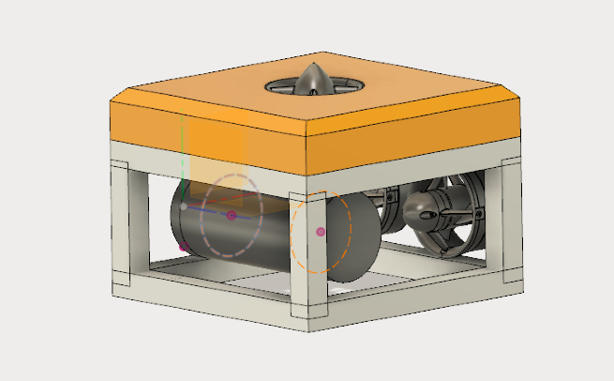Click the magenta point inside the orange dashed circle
pos(321,231)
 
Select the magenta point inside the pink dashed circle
pos(232,215)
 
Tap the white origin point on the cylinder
pos(184,206)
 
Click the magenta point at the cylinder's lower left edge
pos(184,247)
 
